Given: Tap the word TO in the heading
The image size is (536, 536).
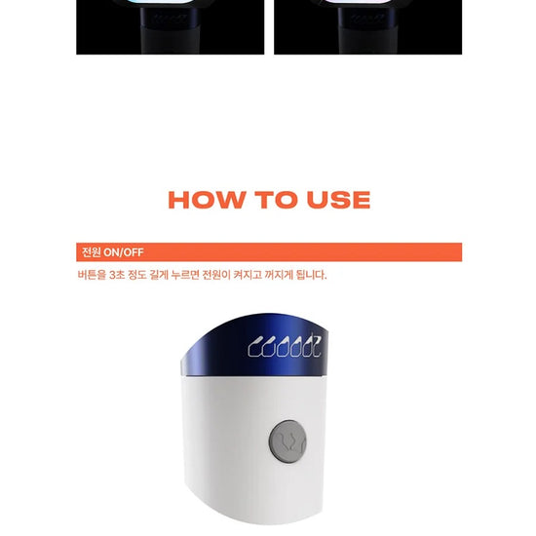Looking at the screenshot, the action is (x=276, y=200).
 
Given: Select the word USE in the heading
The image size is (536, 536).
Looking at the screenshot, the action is (x=339, y=200).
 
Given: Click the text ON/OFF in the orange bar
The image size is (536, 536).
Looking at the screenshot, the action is (x=124, y=252).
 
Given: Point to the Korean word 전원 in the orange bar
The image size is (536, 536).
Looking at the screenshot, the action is (x=92, y=252).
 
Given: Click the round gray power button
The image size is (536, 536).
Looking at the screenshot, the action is (x=287, y=441).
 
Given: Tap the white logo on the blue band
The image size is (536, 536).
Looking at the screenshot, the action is (x=285, y=346).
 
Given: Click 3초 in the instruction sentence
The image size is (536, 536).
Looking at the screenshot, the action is (x=117, y=275).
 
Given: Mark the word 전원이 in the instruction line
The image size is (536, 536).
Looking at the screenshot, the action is (x=216, y=275).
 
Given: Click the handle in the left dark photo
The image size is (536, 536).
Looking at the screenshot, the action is (x=169, y=31).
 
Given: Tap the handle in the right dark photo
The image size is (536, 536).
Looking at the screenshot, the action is (x=366, y=31).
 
